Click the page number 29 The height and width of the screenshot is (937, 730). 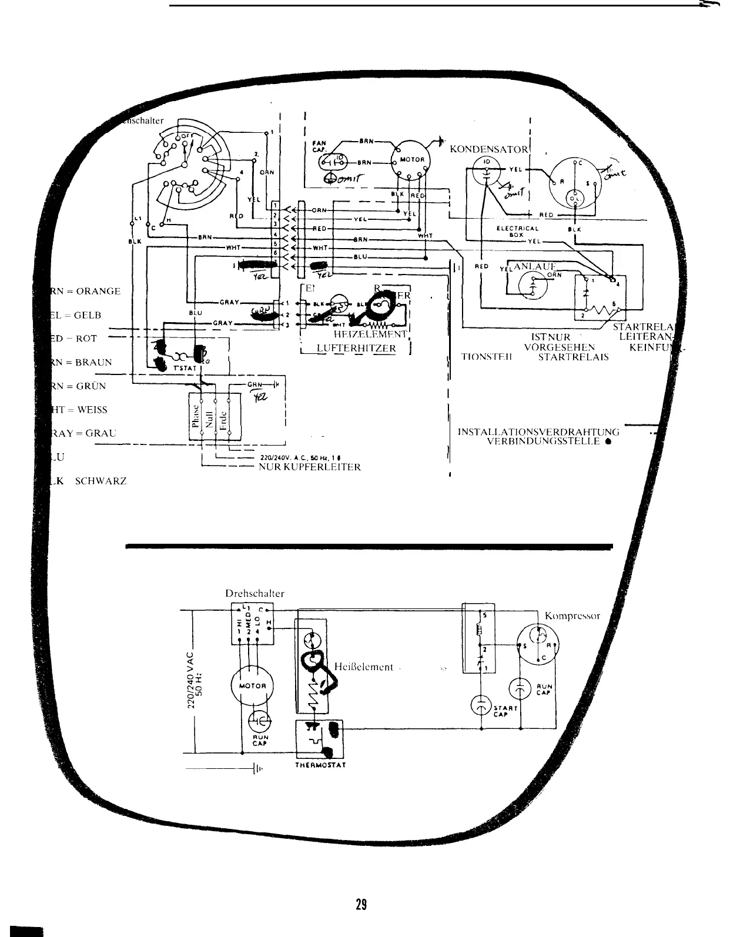pyautogui.click(x=361, y=904)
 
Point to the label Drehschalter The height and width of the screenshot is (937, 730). pyautogui.click(x=255, y=594)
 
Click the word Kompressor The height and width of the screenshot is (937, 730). pyautogui.click(x=572, y=616)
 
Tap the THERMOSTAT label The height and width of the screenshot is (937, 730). pyautogui.click(x=321, y=766)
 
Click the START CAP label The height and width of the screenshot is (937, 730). pyautogui.click(x=504, y=711)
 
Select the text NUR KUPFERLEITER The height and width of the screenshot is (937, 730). pyautogui.click(x=310, y=467)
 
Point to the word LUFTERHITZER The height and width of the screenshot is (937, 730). pyautogui.click(x=356, y=349)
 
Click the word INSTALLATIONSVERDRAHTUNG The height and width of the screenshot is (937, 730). pyautogui.click(x=539, y=432)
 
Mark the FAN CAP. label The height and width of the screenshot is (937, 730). pyautogui.click(x=319, y=145)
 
